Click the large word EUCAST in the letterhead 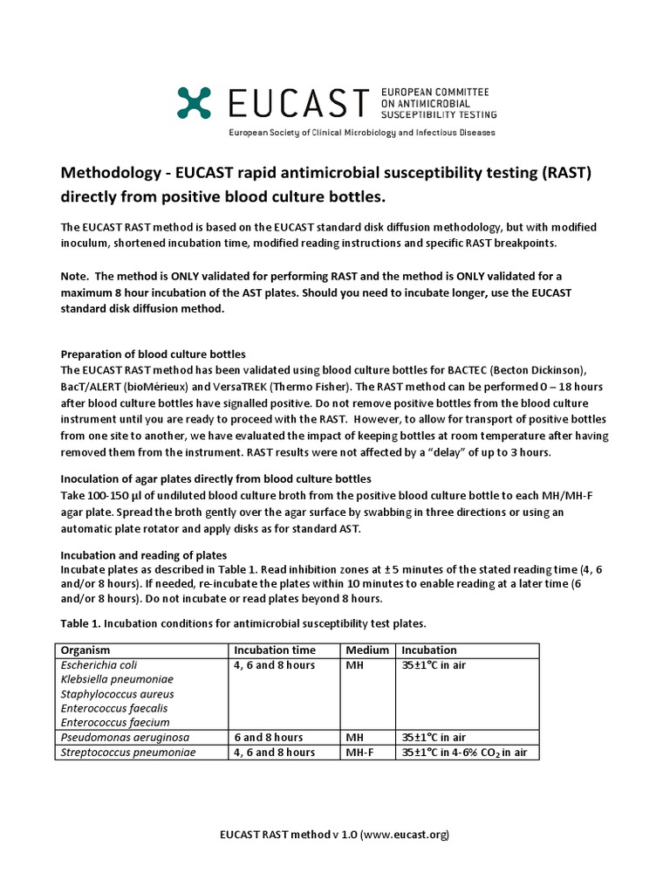[x=297, y=103]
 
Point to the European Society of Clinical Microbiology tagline [x=361, y=133]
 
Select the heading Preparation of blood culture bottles [x=153, y=354]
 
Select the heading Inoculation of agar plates [x=215, y=478]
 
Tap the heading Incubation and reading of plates [x=143, y=555]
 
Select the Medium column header [x=367, y=650]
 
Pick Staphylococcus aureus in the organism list [x=113, y=693]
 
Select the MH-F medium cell [x=362, y=753]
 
